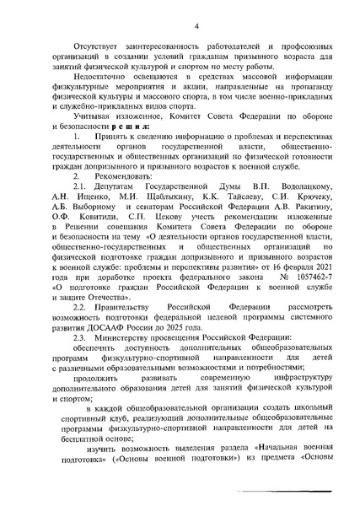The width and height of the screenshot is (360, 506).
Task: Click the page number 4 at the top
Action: pos(196,26)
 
